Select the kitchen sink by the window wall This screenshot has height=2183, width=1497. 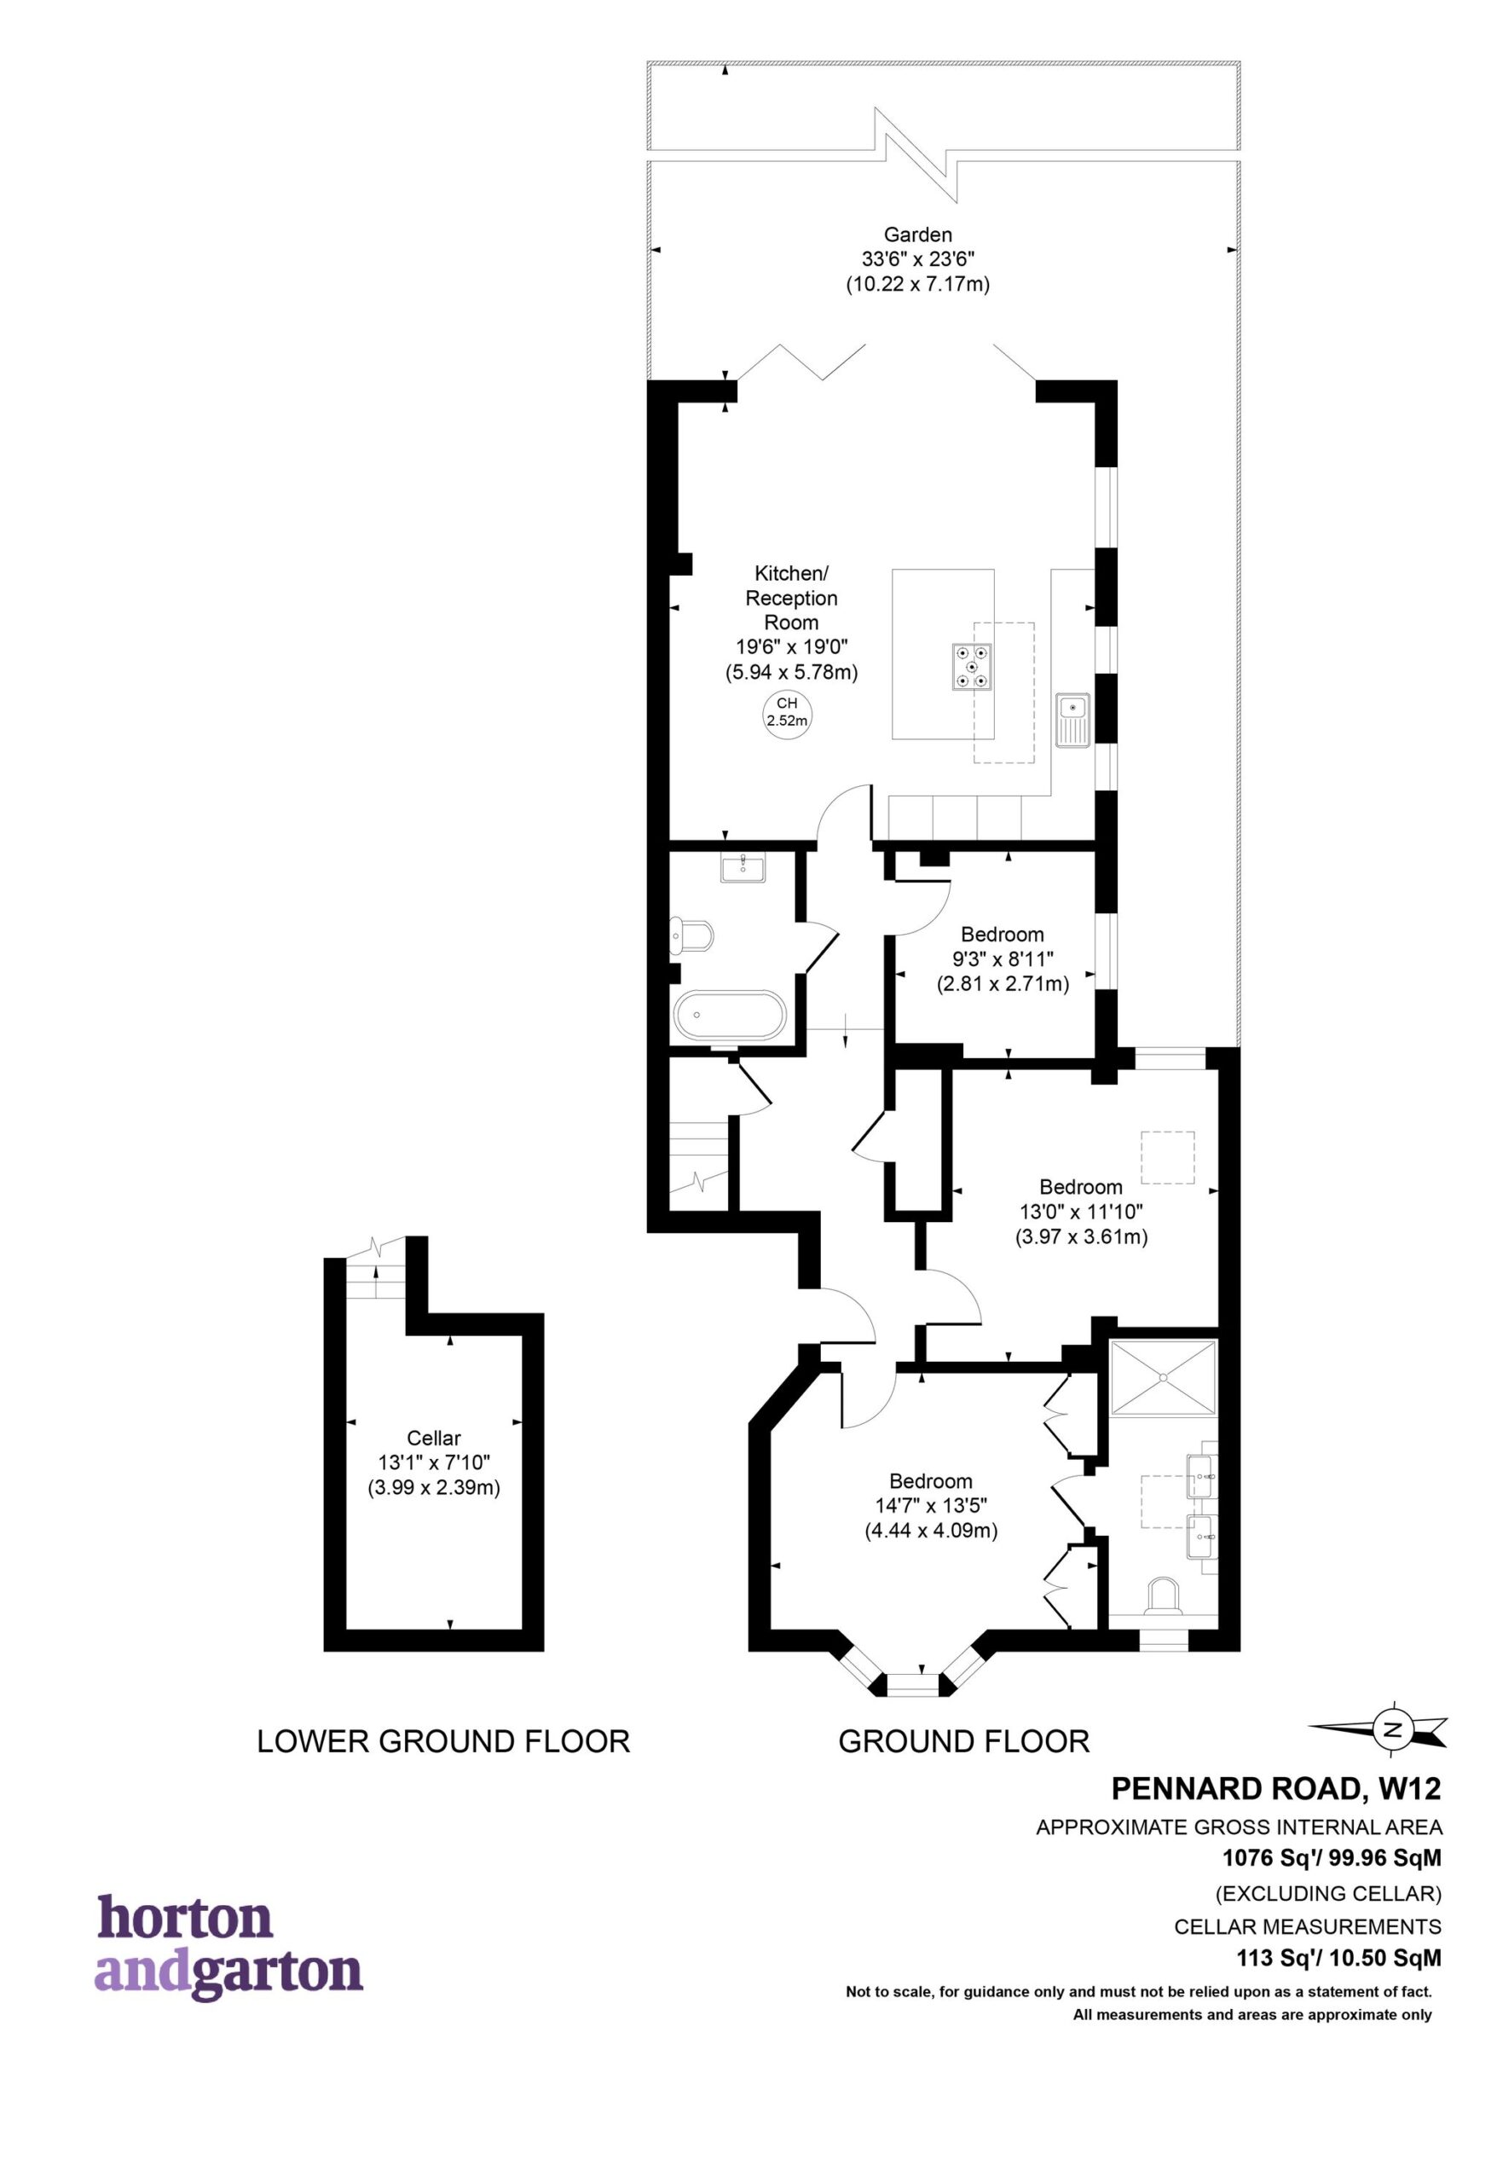[x=1071, y=720]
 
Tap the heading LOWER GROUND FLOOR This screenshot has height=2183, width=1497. [x=443, y=1742]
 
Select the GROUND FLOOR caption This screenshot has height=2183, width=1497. [x=963, y=1742]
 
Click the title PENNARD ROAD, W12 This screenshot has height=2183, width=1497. [x=1276, y=1789]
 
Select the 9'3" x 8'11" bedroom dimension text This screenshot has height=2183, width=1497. [x=1002, y=960]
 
